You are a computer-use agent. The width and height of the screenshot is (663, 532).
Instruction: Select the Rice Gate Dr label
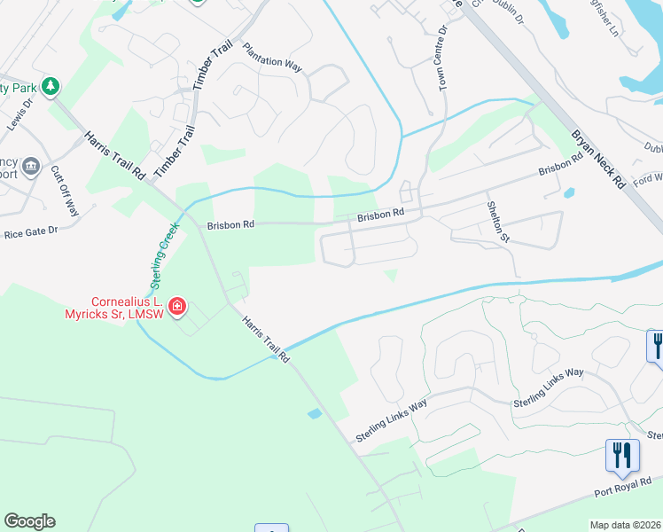click(30, 231)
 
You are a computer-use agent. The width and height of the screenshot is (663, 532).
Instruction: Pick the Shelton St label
click(498, 220)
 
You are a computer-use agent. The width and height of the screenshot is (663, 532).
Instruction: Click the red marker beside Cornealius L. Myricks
click(177, 307)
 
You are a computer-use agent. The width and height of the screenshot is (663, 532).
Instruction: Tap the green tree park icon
click(51, 86)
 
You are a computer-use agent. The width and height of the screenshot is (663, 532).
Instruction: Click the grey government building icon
click(31, 164)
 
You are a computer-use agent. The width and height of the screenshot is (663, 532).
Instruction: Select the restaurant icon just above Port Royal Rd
click(621, 455)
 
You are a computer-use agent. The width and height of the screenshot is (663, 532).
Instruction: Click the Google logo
click(29, 521)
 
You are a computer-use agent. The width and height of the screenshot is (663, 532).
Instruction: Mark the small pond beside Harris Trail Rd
click(315, 413)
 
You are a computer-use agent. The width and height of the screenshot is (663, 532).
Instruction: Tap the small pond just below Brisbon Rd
click(568, 192)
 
